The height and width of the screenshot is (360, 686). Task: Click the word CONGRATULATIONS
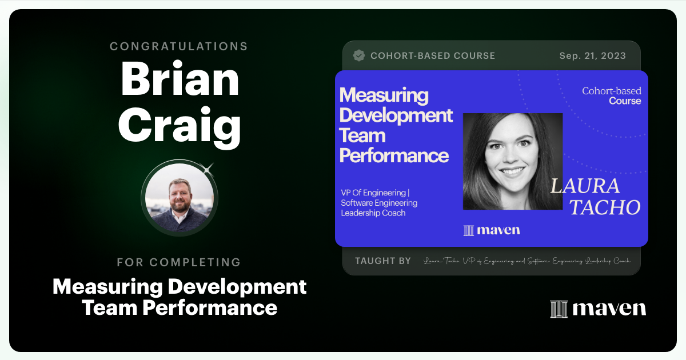tap(179, 46)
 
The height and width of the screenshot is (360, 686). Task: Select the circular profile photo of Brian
tap(180, 197)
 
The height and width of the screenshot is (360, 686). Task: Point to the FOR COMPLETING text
tap(179, 262)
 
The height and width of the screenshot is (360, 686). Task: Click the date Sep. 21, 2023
tap(592, 56)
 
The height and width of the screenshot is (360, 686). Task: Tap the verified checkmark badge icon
tap(359, 55)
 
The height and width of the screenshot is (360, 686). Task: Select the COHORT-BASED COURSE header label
tap(433, 56)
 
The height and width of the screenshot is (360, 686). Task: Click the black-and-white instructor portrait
tap(512, 161)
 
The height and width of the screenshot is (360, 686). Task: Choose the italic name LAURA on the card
tap(585, 186)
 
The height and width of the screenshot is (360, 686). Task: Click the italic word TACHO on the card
tap(605, 207)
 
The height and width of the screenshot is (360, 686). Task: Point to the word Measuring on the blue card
tap(384, 95)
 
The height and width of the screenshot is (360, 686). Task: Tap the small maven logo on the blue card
tap(492, 230)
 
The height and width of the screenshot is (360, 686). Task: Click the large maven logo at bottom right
tap(598, 309)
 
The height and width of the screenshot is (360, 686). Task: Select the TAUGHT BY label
tap(382, 261)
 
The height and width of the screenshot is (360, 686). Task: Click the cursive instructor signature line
tap(527, 261)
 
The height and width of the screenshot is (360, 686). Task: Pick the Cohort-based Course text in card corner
tap(612, 96)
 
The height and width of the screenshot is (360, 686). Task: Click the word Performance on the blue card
tap(394, 155)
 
